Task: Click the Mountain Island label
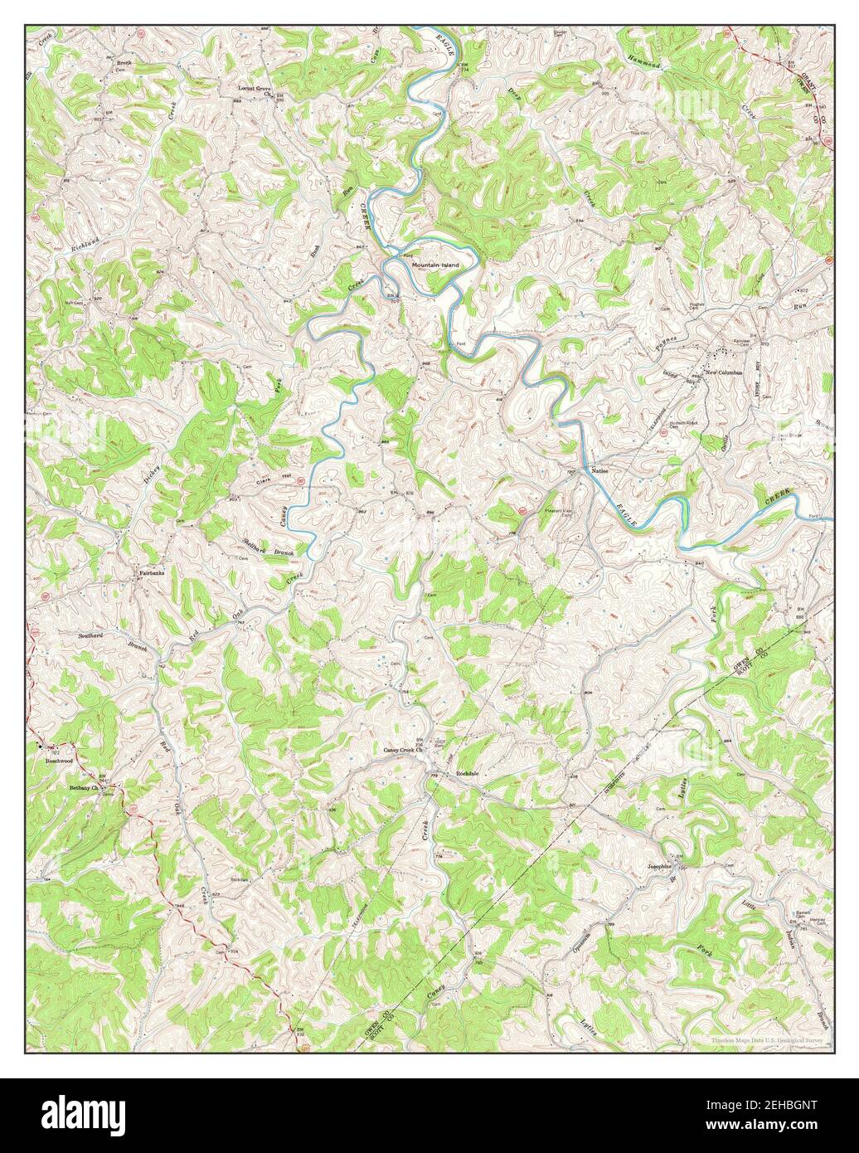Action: pos(435,264)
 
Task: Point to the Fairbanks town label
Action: pos(151,572)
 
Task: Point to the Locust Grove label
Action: pos(255,88)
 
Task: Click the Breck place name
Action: pos(124,63)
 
